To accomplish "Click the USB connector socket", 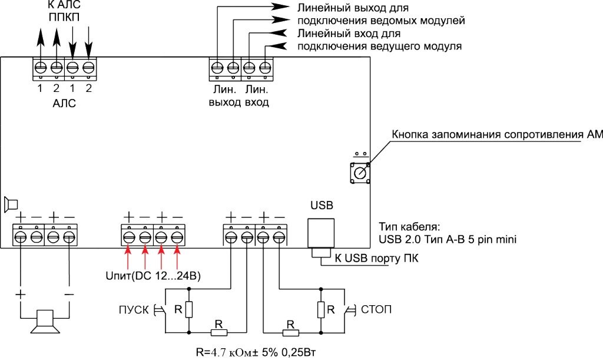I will pyautogui.click(x=322, y=235).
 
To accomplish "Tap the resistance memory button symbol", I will pyautogui.click(x=359, y=173).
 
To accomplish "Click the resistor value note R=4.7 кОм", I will pyautogui.click(x=257, y=352).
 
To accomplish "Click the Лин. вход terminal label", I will pyautogui.click(x=257, y=97).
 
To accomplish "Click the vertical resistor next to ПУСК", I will pyautogui.click(x=188, y=309).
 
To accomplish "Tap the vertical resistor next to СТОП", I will pyautogui.click(x=321, y=309).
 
